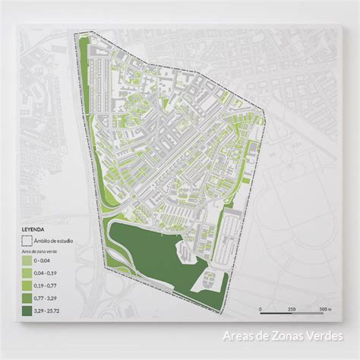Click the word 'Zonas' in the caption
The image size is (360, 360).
click(286, 335)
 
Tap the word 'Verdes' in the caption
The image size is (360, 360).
click(324, 335)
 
